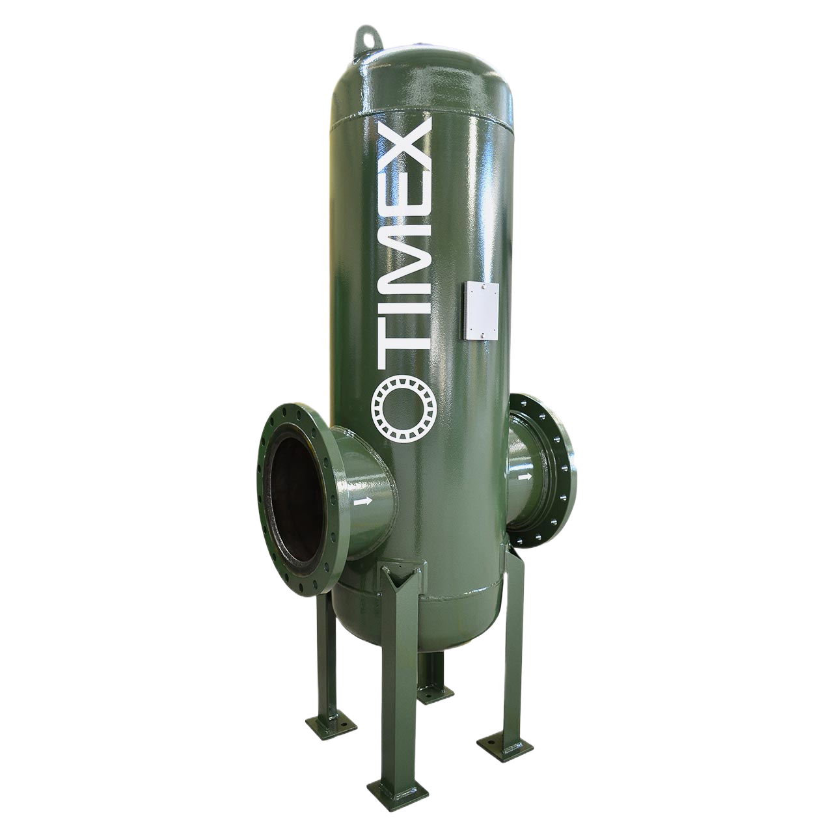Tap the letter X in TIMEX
pyautogui.click(x=405, y=142)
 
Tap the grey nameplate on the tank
pyautogui.click(x=481, y=310)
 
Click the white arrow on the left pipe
pyautogui.click(x=362, y=502)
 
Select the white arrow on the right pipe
pyautogui.click(x=525, y=477)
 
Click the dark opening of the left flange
pyautogui.click(x=298, y=497)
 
